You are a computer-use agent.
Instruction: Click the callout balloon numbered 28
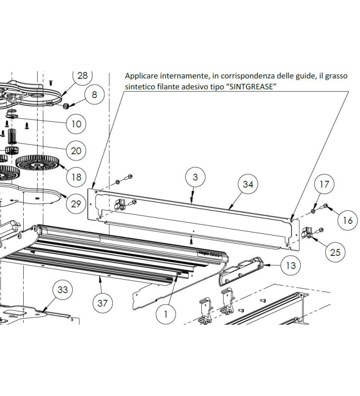click(x=83, y=75)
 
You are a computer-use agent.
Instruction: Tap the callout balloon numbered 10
click(x=76, y=124)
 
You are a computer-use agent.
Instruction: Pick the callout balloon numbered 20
click(x=76, y=150)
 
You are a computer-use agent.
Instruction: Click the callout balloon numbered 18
click(x=76, y=177)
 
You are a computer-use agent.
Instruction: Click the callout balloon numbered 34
click(x=247, y=185)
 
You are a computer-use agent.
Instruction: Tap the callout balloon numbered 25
click(x=335, y=252)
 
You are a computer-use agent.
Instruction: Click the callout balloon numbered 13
click(x=291, y=265)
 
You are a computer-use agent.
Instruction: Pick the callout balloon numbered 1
click(x=165, y=313)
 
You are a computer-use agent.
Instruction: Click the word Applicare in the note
click(x=140, y=76)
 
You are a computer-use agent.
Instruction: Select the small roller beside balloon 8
click(x=65, y=105)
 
